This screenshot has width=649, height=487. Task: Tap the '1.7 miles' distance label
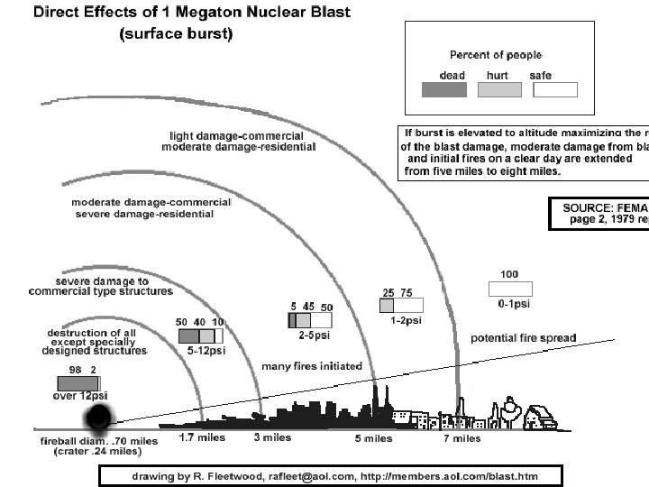coord(203,438)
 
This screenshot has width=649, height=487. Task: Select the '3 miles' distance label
coord(271,438)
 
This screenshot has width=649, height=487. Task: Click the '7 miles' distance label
coord(461,439)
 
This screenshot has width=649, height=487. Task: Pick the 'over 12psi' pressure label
coord(80,396)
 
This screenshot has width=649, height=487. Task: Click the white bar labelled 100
coord(509,289)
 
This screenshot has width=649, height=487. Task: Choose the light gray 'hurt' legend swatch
coord(498,89)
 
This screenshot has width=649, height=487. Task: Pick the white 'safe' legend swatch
coord(550,89)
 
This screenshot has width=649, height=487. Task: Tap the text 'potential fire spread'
coord(523,338)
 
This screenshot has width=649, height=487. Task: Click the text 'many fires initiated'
coord(311,366)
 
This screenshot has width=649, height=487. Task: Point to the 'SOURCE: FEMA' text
coord(599,207)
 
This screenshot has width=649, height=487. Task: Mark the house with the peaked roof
coord(539,416)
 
